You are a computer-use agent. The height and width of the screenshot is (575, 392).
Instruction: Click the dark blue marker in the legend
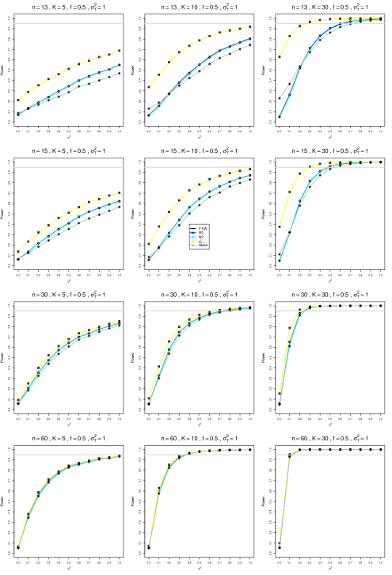pos(192,233)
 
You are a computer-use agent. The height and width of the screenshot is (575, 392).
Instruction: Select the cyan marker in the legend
pos(192,237)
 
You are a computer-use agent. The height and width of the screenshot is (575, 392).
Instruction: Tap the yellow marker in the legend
pos(192,241)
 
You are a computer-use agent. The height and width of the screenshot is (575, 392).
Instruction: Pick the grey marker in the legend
pos(192,246)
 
